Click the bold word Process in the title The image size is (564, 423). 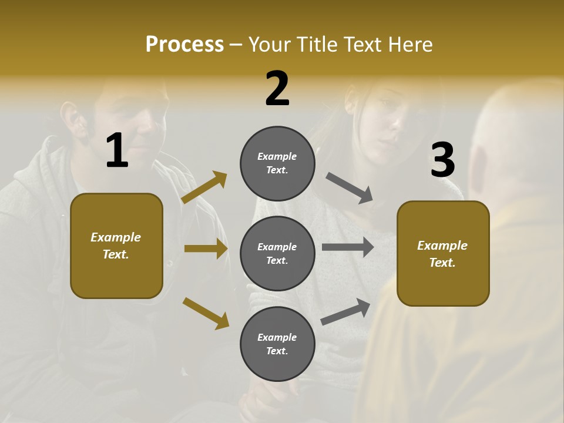pyautogui.click(x=184, y=44)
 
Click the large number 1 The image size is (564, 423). pyautogui.click(x=117, y=151)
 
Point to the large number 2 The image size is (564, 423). pyautogui.click(x=277, y=89)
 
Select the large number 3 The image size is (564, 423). pyautogui.click(x=442, y=160)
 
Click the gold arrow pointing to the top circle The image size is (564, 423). pyautogui.click(x=204, y=187)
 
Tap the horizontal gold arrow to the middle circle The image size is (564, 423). pyautogui.click(x=206, y=249)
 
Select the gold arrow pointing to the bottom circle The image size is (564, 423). pyautogui.click(x=206, y=313)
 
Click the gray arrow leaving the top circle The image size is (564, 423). pyautogui.click(x=350, y=188)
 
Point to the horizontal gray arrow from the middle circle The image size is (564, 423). pyautogui.click(x=348, y=247)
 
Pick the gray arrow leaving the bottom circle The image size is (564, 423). pyautogui.click(x=345, y=312)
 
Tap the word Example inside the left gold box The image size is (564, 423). pyautogui.click(x=116, y=237)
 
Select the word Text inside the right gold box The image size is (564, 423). pyautogui.click(x=442, y=263)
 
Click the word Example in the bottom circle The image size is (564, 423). pyautogui.click(x=277, y=337)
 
